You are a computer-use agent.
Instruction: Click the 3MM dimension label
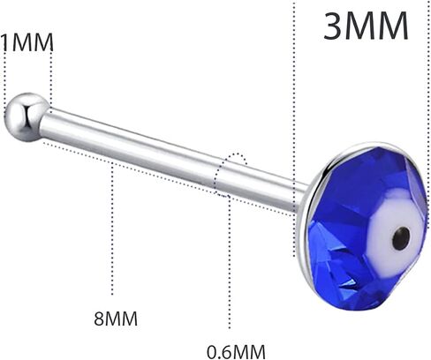point(366,26)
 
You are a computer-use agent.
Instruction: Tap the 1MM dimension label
point(27,42)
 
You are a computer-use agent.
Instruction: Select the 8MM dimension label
point(116,319)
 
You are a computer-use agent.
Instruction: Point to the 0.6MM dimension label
point(236,351)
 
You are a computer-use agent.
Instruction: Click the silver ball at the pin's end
point(27,117)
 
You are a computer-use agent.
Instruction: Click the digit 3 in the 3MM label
point(334,26)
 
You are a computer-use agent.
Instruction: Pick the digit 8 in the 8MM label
point(100,319)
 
